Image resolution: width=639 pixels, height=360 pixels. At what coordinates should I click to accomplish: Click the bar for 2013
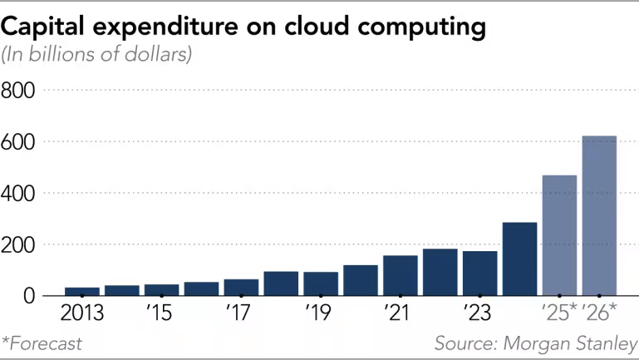81,291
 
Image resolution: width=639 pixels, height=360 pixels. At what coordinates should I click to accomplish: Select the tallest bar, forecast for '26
599,215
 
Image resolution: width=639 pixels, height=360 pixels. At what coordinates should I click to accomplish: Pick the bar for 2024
519,259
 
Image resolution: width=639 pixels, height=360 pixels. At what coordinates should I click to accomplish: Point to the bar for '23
479,274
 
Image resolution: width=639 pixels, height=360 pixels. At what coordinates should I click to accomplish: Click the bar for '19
320,284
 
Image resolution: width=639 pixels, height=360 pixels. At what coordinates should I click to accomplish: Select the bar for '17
241,287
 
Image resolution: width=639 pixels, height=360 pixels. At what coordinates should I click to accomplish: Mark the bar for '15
161,289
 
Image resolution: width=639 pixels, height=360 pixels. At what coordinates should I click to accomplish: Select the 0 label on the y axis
29,296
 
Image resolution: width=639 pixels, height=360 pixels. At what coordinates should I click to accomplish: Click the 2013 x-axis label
81,315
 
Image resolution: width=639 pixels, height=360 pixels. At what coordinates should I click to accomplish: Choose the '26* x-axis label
599,315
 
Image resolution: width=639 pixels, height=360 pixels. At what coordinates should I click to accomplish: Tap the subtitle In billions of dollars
96,55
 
